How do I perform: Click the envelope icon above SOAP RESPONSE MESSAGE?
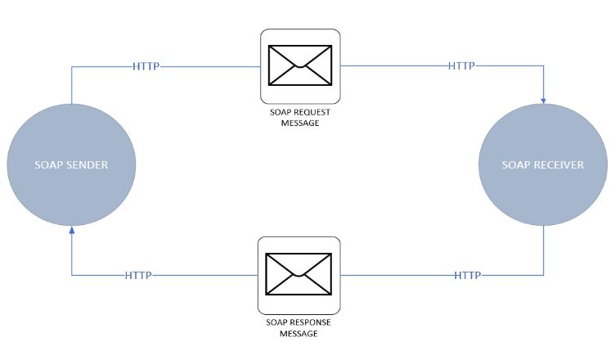(x=299, y=273)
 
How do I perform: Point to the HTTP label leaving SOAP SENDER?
(x=146, y=66)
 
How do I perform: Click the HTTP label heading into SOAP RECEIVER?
(x=461, y=66)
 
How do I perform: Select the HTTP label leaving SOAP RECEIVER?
(x=468, y=275)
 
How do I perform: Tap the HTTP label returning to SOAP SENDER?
(x=138, y=275)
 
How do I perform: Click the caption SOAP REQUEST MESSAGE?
(x=299, y=118)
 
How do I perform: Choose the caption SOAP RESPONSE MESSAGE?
(x=299, y=327)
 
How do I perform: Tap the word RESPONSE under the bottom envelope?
(x=309, y=322)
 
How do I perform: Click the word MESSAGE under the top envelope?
(x=299, y=124)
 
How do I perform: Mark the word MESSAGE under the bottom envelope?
(x=299, y=333)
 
